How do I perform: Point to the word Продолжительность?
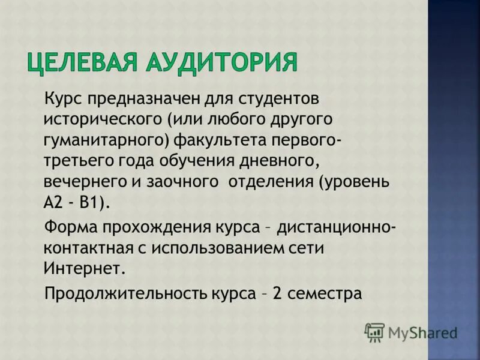point(126,294)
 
